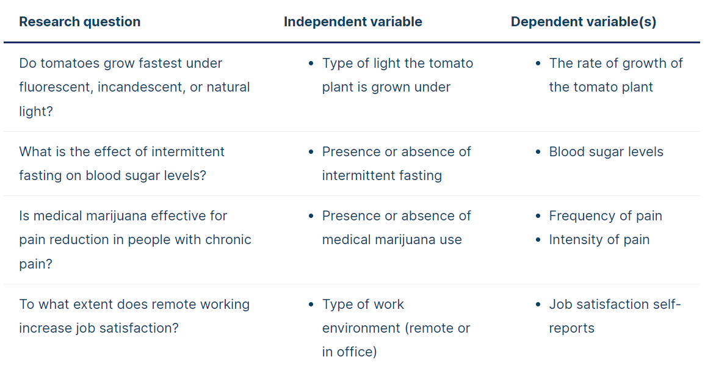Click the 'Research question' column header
coord(79,21)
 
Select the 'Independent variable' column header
coord(353,21)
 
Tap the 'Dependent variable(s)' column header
coord(584,21)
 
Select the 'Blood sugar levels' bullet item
coord(606,152)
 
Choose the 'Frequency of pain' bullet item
coord(606,216)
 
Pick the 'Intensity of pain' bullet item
coord(599,240)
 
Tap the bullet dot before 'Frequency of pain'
coord(538,217)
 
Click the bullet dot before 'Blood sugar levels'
coord(538,153)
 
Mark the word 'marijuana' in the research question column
coord(117,216)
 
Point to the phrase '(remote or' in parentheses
coord(438,328)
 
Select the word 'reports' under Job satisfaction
coord(571,329)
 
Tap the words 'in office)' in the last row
coord(349,352)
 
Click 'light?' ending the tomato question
coord(36,112)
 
